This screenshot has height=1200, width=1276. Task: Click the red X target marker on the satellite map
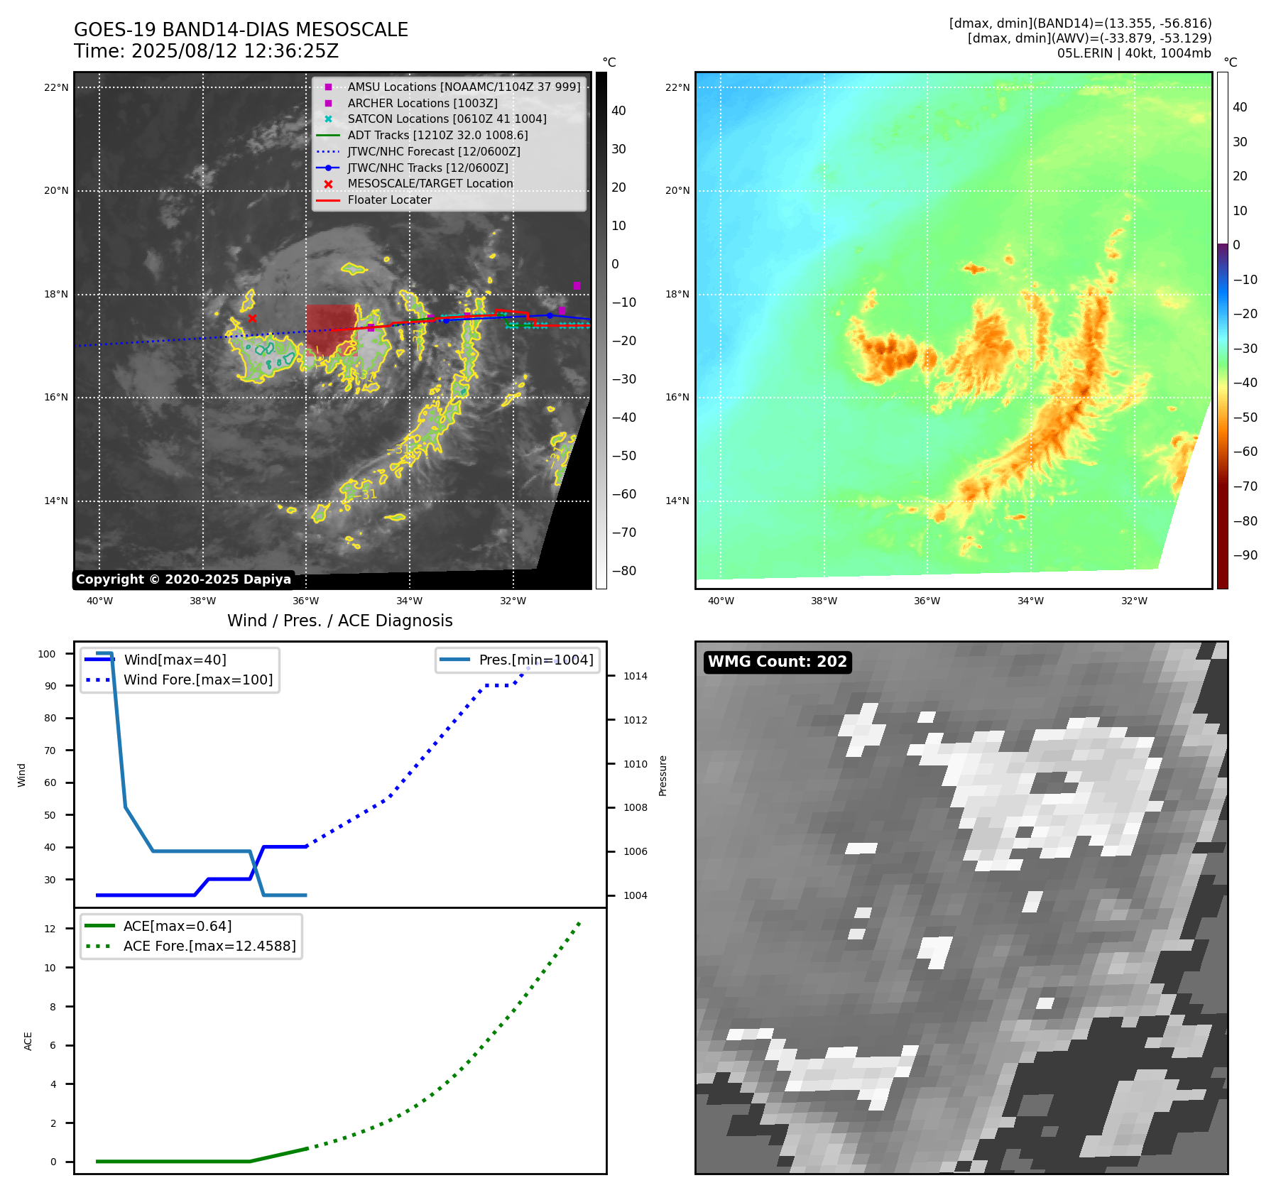(252, 318)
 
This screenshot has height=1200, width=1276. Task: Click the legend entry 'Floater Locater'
(389, 200)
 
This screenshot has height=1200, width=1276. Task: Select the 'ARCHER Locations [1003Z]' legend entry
(422, 103)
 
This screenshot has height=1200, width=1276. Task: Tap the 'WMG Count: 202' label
(777, 662)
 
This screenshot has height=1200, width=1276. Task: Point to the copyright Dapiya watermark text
(183, 579)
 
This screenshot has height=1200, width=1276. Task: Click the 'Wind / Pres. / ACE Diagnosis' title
(339, 621)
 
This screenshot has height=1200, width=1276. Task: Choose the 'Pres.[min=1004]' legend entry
(535, 660)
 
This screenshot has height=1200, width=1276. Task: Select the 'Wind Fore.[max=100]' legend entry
(197, 680)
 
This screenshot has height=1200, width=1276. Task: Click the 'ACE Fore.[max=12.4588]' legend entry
(209, 946)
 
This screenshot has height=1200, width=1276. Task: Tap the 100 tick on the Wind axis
(47, 654)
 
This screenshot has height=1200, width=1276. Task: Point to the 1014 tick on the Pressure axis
(635, 676)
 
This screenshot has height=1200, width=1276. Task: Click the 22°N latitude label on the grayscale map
(56, 88)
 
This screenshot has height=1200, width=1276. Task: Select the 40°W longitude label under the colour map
(721, 601)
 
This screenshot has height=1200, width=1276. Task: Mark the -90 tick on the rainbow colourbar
(1245, 555)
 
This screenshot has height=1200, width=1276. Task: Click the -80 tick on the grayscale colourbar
(624, 571)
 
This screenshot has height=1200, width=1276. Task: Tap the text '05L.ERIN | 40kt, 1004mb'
(1133, 53)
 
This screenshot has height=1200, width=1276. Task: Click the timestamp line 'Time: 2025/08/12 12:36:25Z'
(206, 51)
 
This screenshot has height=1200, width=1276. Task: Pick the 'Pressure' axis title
(662, 775)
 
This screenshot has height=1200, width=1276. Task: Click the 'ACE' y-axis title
(28, 1041)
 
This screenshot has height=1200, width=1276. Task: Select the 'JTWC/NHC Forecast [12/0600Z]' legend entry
(433, 151)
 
